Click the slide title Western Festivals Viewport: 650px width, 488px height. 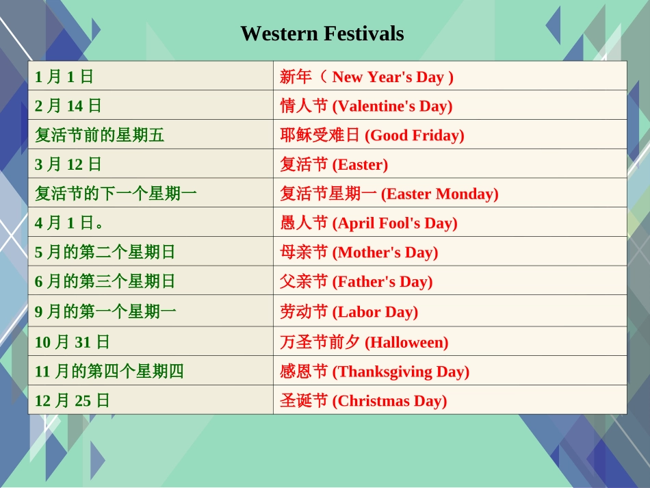coord(322,34)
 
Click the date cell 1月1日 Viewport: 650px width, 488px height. coord(64,77)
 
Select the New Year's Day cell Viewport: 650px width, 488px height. coord(367,77)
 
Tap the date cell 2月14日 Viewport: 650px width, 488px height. coord(68,106)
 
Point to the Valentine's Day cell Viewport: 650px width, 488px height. coord(366,106)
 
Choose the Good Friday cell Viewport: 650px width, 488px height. coord(372,136)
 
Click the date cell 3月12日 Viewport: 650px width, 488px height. coord(68,164)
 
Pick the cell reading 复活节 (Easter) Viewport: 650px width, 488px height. coord(334,164)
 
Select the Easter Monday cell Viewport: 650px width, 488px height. coord(389,194)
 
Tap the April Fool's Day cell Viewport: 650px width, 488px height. coord(369,223)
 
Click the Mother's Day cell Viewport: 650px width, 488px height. coord(359,253)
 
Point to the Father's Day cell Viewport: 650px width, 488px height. coord(356,281)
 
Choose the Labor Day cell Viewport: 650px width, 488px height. coord(349,312)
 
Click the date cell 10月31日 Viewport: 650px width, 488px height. coord(73,342)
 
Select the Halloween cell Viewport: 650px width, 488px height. coord(364,342)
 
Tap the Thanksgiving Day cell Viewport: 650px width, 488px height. coord(375,372)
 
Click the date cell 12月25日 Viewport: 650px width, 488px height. coord(73,400)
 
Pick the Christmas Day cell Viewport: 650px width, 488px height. coord(363,400)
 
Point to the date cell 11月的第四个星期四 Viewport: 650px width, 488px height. coord(109,372)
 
